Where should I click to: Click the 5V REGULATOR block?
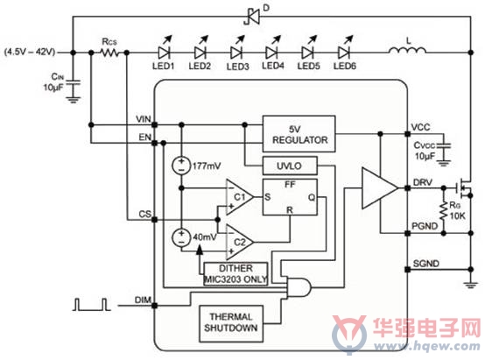click(299, 134)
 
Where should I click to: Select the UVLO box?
click(290, 166)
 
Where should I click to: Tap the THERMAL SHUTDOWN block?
click(231, 323)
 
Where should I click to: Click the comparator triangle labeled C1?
click(240, 197)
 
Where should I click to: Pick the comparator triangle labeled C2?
click(240, 242)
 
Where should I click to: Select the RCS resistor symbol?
click(109, 53)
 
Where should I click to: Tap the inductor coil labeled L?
click(407, 50)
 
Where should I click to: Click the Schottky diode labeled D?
click(252, 17)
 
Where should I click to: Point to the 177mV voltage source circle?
click(181, 166)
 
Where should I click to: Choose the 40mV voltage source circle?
click(181, 237)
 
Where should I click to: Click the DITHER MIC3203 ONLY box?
click(235, 274)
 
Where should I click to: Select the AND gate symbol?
click(299, 287)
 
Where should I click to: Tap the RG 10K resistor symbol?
click(444, 210)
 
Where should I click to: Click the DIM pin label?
click(143, 300)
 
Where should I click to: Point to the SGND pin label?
click(426, 264)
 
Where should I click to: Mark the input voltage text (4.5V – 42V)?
click(30, 52)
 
